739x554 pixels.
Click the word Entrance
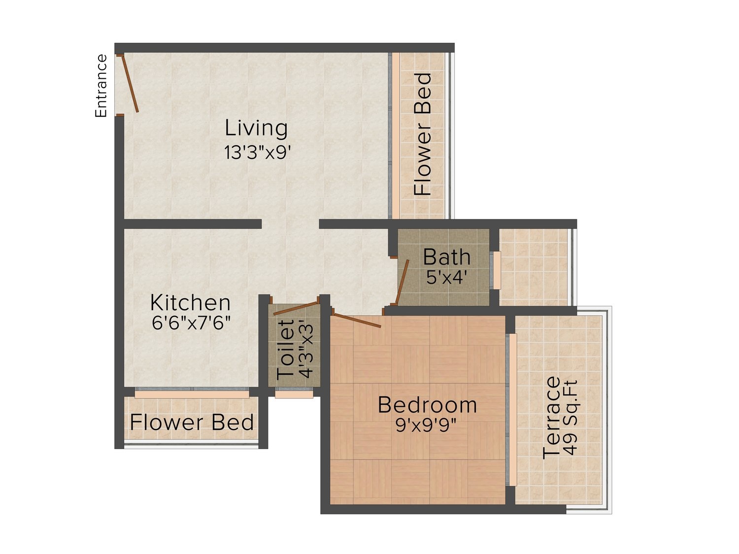101,86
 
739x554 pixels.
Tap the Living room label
256,128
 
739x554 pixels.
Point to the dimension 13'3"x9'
258,152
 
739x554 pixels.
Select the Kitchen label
190,303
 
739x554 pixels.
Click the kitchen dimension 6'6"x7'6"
191,323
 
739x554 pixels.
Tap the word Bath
446,257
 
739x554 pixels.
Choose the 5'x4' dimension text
446,278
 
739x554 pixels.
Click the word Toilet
285,350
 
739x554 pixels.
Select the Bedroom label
427,405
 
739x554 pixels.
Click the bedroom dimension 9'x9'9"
426,426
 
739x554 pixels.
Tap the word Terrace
551,417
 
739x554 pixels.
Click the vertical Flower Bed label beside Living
423,134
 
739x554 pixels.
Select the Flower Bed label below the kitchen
192,423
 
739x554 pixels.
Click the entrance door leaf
130,83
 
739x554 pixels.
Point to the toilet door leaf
296,308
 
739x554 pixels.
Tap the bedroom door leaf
357,320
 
